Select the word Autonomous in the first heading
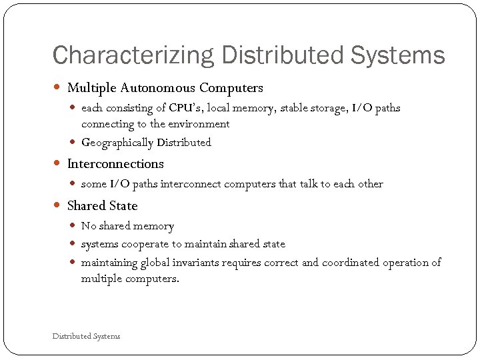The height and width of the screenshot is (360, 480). click(x=159, y=88)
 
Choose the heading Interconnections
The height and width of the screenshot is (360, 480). click(x=115, y=164)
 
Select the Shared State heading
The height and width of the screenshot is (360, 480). click(x=102, y=206)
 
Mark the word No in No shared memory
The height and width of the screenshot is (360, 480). click(x=88, y=227)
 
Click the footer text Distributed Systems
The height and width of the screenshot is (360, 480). click(x=86, y=337)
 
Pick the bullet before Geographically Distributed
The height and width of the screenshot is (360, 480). click(x=74, y=143)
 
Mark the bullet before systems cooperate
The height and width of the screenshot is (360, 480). click(x=74, y=245)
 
